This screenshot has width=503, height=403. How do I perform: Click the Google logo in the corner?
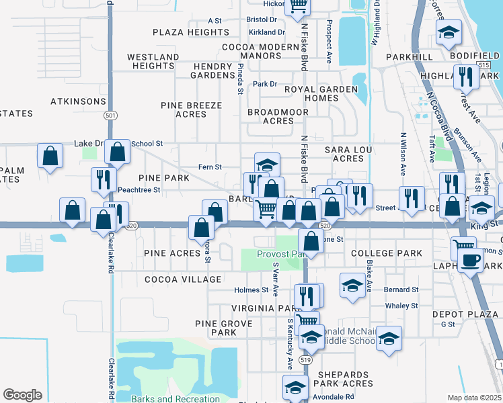tap(22, 395)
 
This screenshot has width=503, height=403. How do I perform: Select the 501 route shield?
tap(110, 116)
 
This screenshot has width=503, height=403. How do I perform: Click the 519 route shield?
tap(307, 360)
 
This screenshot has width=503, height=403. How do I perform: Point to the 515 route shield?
tap(484, 64)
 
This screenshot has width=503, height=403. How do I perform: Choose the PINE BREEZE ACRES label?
tap(191, 110)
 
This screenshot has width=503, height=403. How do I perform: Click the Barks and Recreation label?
tap(176, 399)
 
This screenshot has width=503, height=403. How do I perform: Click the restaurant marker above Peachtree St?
tap(103, 179)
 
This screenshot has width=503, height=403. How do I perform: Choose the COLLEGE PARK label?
tap(387, 253)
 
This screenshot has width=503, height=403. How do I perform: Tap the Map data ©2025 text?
tap(474, 398)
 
